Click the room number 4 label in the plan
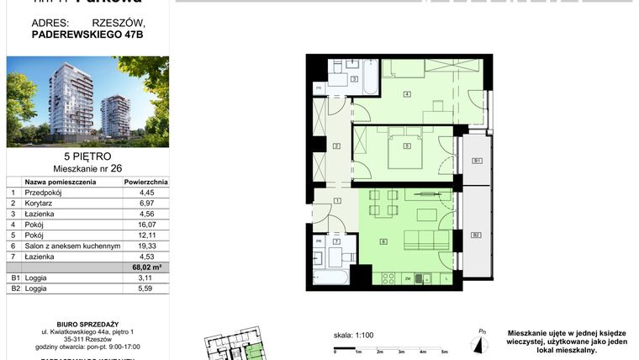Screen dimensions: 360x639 click(407, 93)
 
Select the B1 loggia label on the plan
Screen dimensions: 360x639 click(476, 160)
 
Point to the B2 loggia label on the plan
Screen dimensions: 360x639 click(476, 235)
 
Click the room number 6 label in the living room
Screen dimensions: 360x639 click(383, 242)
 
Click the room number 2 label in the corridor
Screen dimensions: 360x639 click(336, 147)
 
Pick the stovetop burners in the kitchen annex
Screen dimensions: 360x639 click(388, 278)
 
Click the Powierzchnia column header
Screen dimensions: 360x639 click(146, 181)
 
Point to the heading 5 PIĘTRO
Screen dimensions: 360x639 click(87, 156)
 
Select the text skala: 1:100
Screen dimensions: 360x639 click(353, 336)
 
